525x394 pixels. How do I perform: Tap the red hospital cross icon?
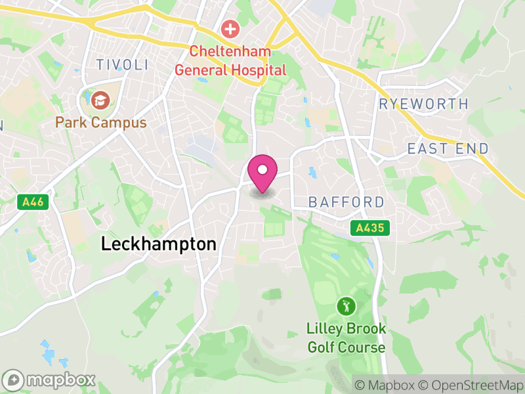coord(230,28)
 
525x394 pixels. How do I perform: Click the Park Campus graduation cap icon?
coord(100,100)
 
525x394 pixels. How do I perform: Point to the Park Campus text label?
coord(100,123)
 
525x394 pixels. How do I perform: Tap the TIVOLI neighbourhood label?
coord(122,64)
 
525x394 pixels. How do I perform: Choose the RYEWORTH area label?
coord(424,104)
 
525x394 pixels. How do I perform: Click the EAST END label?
coord(448,148)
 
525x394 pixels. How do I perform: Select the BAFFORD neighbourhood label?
coord(346,202)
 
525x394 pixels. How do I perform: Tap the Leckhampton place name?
coord(158,244)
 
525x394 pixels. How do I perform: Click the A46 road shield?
coord(31,202)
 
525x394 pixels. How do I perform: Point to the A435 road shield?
coord(369,228)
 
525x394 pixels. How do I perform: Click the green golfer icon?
coord(346,305)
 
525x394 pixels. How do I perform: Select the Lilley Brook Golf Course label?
coord(346,338)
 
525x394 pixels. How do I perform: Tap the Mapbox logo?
coord(50,380)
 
